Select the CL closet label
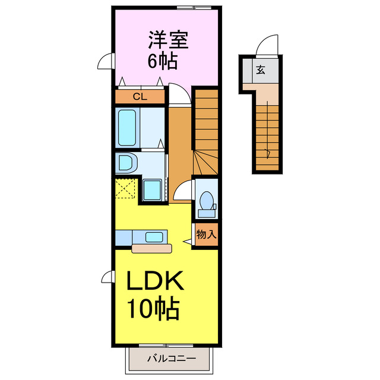[140, 96]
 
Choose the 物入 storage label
[205, 234]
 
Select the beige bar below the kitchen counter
[151, 248]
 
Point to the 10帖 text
[153, 308]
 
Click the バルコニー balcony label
[170, 359]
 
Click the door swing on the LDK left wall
[107, 276]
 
